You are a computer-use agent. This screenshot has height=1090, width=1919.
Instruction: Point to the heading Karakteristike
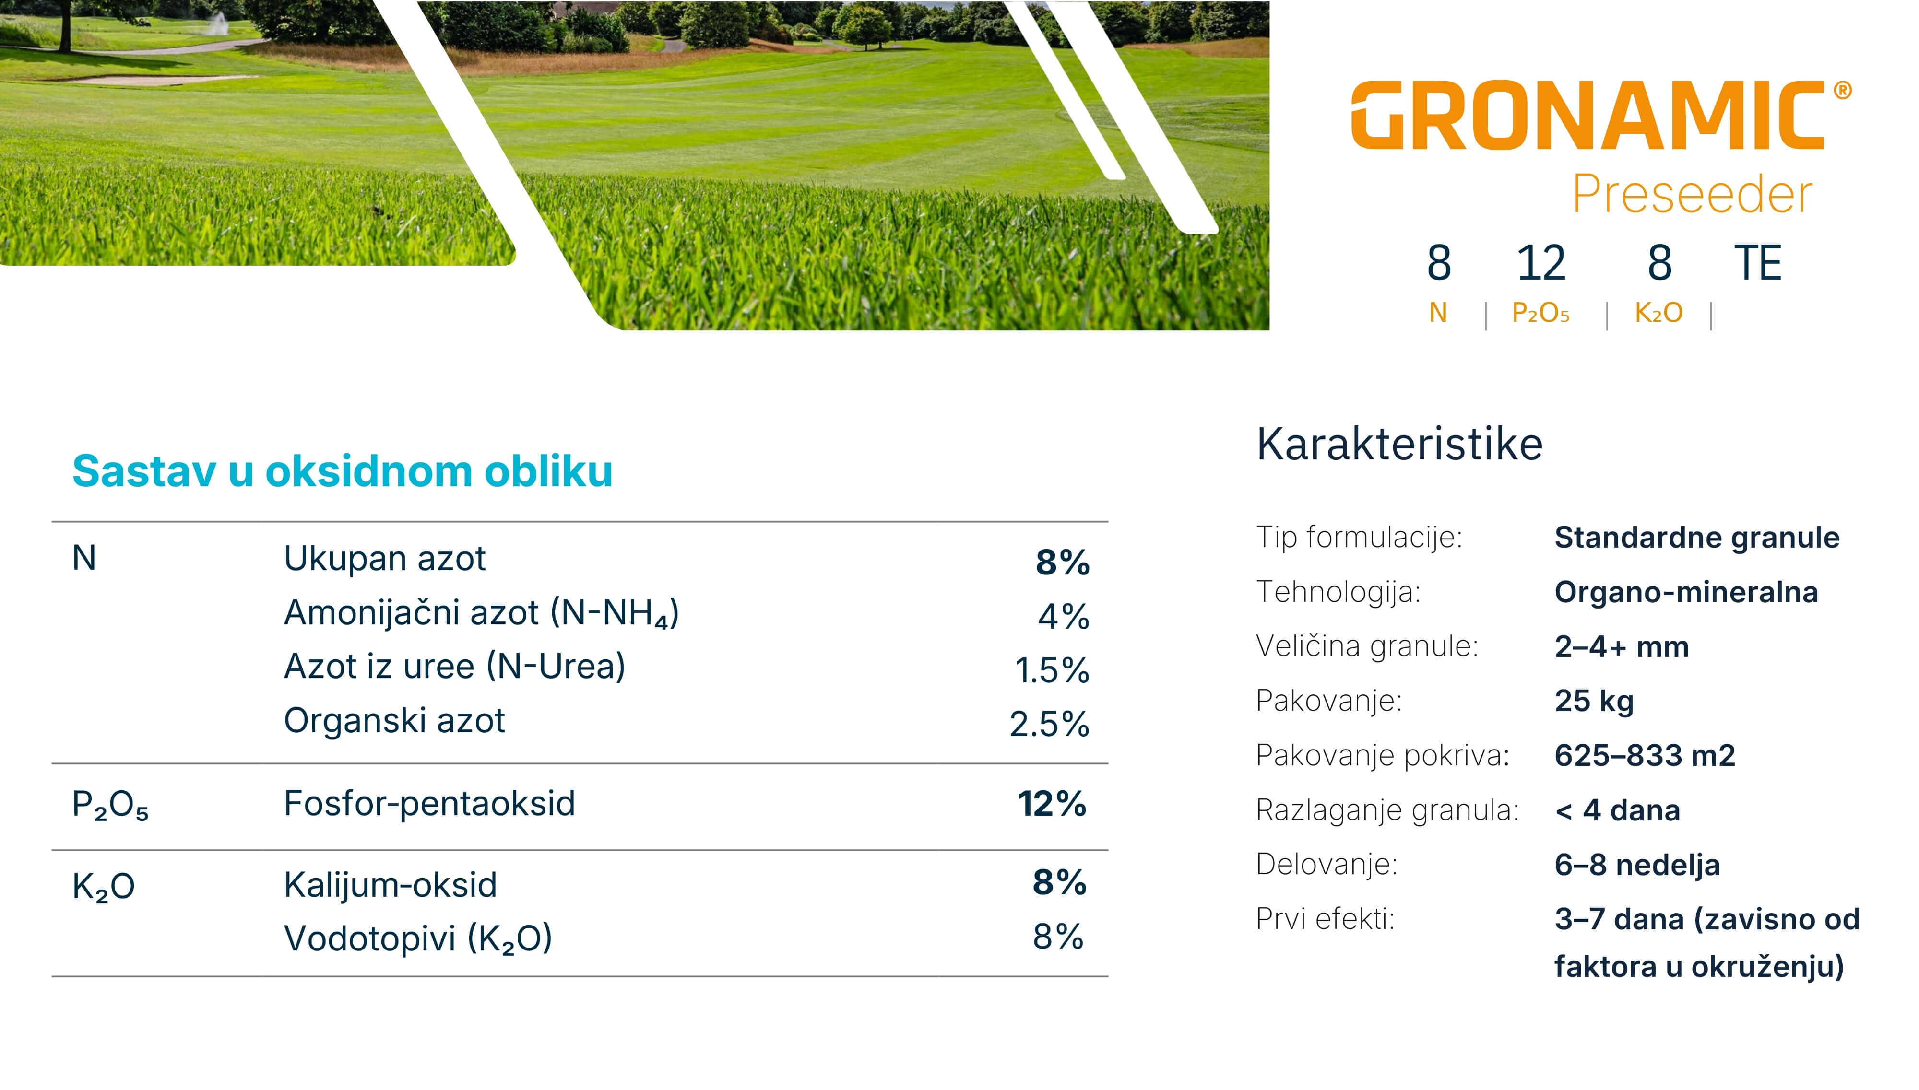(1398, 444)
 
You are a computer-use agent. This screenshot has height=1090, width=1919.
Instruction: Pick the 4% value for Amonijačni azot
(1063, 616)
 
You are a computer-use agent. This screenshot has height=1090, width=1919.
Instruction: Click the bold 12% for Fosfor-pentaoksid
(1051, 804)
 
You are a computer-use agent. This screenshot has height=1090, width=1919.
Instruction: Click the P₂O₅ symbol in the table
(110, 806)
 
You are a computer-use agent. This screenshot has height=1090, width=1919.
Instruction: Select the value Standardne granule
(1696, 538)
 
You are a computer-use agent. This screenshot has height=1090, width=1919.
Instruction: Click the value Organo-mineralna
(1685, 592)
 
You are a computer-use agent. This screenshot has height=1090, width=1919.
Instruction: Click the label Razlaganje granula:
(1386, 810)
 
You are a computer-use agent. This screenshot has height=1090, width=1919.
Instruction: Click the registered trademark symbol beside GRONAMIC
(1843, 91)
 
